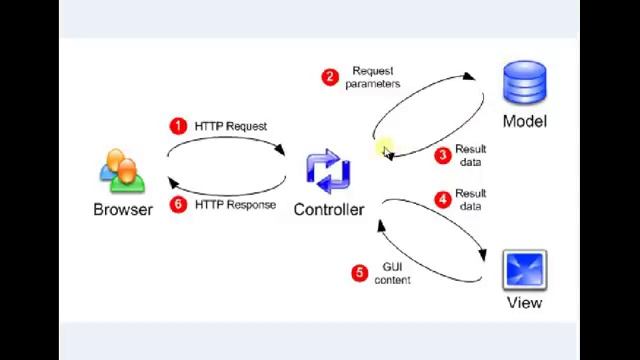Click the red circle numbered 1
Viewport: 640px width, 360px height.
pyautogui.click(x=178, y=126)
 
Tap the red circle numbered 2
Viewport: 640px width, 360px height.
pyautogui.click(x=330, y=77)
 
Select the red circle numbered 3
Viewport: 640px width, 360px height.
pyautogui.click(x=443, y=155)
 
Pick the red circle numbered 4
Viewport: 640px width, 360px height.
pyautogui.click(x=443, y=199)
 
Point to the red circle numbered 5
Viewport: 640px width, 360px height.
pyautogui.click(x=360, y=272)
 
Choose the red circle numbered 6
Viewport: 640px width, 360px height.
pyautogui.click(x=178, y=204)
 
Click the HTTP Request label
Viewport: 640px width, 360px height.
pyautogui.click(x=231, y=126)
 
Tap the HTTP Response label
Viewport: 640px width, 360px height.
pyautogui.click(x=235, y=204)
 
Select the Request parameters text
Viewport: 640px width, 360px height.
pyautogui.click(x=373, y=77)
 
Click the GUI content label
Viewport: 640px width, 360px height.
pyautogui.click(x=392, y=273)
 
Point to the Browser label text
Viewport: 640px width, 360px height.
pyautogui.click(x=123, y=209)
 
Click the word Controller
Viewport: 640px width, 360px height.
pyautogui.click(x=328, y=209)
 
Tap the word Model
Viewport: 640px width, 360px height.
pyautogui.click(x=524, y=121)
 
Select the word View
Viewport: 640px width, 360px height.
pyautogui.click(x=524, y=302)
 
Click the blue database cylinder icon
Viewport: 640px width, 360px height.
pyautogui.click(x=525, y=84)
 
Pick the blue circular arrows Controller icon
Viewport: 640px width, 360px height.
pyautogui.click(x=328, y=172)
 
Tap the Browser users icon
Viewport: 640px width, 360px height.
pyautogui.click(x=122, y=171)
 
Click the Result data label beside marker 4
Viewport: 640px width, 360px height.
pyautogui.click(x=470, y=199)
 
